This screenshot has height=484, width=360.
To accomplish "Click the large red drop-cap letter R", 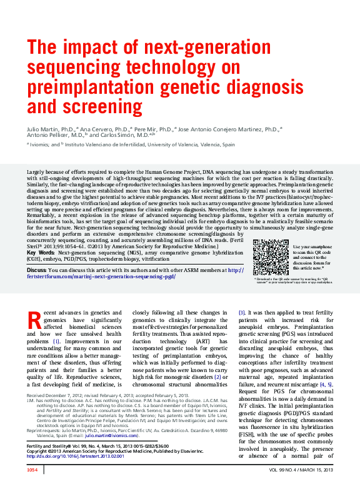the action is pyautogui.click(x=36, y=321).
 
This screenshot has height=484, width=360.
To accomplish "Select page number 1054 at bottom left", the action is pyautogui.click(x=32, y=469).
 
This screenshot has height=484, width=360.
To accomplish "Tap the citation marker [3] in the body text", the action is pyautogui.click(x=242, y=311).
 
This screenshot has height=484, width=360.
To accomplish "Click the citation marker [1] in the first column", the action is pyautogui.click(x=56, y=341).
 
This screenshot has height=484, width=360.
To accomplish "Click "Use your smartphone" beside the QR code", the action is pyautogui.click(x=310, y=246).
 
